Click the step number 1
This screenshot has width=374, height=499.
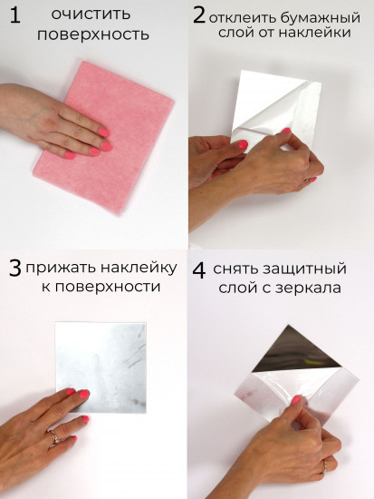click(x=14, y=16)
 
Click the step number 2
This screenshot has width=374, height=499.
click(x=198, y=15)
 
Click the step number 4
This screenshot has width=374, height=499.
click(x=199, y=269)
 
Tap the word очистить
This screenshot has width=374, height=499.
click(x=91, y=15)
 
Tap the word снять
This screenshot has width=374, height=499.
click(x=242, y=269)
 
